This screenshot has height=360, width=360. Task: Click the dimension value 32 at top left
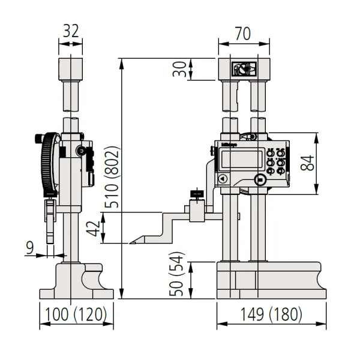71,32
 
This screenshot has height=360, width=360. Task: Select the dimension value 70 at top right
242,34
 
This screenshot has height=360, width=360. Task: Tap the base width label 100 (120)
76,314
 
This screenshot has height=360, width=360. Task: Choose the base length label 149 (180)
272,314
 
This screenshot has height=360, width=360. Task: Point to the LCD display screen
238,160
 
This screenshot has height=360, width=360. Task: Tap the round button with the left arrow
223,178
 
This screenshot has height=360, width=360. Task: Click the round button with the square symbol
260,179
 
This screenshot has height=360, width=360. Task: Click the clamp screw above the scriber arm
196,194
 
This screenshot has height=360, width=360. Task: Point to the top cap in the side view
71,69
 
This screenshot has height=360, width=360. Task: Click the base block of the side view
76,282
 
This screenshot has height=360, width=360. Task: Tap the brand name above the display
229,143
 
